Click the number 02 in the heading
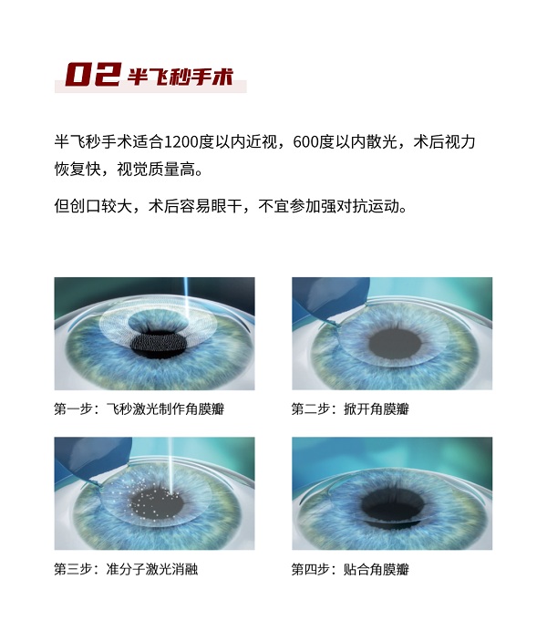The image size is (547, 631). click(93, 74)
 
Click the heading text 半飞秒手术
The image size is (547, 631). click(181, 76)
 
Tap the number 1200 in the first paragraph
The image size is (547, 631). click(181, 142)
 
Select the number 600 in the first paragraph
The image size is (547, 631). click(305, 142)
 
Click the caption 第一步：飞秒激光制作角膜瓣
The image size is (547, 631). click(139, 409)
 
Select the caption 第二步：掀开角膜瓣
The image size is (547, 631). click(350, 409)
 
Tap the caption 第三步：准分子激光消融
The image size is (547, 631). click(126, 569)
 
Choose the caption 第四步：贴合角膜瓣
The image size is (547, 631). click(350, 569)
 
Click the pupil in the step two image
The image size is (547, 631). click(395, 343)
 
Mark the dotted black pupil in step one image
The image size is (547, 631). click(160, 345)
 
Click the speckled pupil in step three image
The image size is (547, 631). click(157, 503)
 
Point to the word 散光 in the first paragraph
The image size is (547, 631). click(381, 142)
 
